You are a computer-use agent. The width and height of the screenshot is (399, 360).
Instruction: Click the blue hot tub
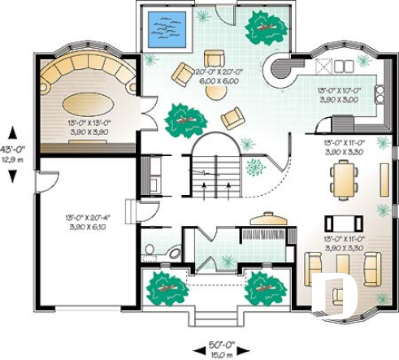pyautogui.click(x=165, y=28)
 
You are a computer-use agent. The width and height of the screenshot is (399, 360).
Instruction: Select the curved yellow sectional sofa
pyautogui.click(x=89, y=73)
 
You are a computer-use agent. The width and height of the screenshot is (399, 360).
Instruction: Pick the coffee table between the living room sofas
pyautogui.click(x=341, y=267)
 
